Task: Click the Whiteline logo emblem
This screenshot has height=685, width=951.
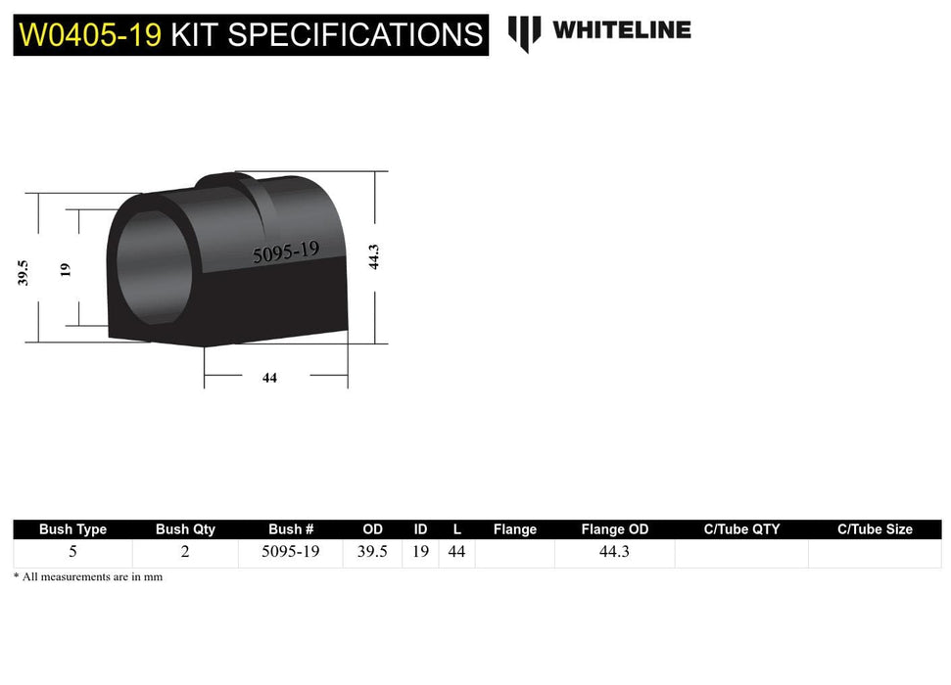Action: (x=524, y=33)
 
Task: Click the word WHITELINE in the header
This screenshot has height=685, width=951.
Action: (x=621, y=30)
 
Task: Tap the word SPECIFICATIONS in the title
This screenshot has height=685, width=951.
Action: (x=356, y=35)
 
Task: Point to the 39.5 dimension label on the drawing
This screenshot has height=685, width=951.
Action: (x=24, y=272)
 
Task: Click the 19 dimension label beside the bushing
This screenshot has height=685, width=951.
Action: (x=66, y=267)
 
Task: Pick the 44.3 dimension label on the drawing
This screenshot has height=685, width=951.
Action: (x=372, y=256)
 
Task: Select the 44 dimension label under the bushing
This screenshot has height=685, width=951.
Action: (x=269, y=378)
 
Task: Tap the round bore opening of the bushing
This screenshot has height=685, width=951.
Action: (x=154, y=267)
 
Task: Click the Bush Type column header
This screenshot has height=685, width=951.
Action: (x=72, y=529)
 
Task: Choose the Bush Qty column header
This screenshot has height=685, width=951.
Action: (x=185, y=529)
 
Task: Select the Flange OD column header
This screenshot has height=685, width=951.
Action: (x=614, y=529)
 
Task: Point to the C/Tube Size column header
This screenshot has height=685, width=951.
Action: (x=875, y=529)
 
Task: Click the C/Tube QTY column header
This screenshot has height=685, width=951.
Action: (x=741, y=529)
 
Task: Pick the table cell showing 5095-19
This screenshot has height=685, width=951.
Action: (x=290, y=552)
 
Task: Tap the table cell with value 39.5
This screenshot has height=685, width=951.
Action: (x=372, y=552)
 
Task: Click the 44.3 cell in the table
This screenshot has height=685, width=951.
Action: (x=614, y=552)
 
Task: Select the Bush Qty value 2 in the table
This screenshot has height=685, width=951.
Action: (x=185, y=552)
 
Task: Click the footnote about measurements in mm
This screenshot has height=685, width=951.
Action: (x=88, y=577)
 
